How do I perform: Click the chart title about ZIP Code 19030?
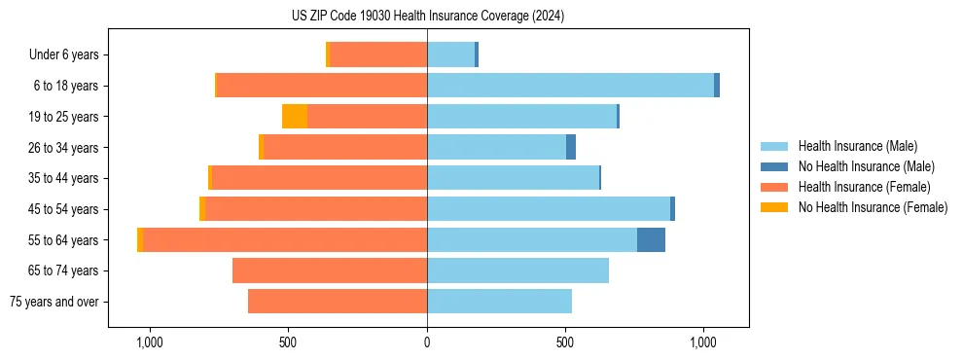tap(428, 17)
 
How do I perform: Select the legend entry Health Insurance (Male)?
tap(857, 146)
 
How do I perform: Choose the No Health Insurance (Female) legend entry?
tap(873, 207)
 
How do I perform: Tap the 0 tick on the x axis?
tap(427, 342)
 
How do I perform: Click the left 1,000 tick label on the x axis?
tap(150, 342)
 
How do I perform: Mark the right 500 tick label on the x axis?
tap(565, 342)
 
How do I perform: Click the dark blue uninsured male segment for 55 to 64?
tap(651, 239)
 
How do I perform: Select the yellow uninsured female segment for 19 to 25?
tap(295, 117)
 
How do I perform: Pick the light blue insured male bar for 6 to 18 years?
tap(570, 86)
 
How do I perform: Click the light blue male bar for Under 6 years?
tap(450, 54)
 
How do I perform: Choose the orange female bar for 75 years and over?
tap(338, 302)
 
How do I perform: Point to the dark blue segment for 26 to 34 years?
tap(571, 147)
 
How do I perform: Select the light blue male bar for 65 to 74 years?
tap(517, 270)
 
